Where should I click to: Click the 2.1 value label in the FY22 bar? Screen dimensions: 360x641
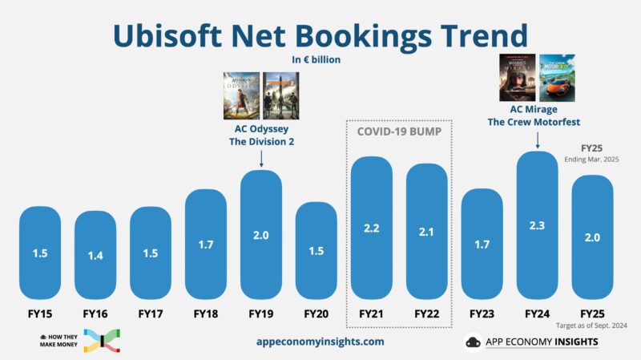click(426, 232)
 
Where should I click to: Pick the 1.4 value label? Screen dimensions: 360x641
click(95, 255)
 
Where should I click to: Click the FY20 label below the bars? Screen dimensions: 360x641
click(316, 313)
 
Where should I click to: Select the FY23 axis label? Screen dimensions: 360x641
click(482, 313)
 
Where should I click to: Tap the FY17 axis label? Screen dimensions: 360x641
click(151, 313)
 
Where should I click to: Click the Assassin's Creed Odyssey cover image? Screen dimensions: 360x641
click(241, 95)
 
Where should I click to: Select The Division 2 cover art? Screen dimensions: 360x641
click(280, 95)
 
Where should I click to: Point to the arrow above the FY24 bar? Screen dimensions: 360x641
click(537, 140)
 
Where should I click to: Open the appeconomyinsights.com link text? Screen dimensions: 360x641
click(320, 342)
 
